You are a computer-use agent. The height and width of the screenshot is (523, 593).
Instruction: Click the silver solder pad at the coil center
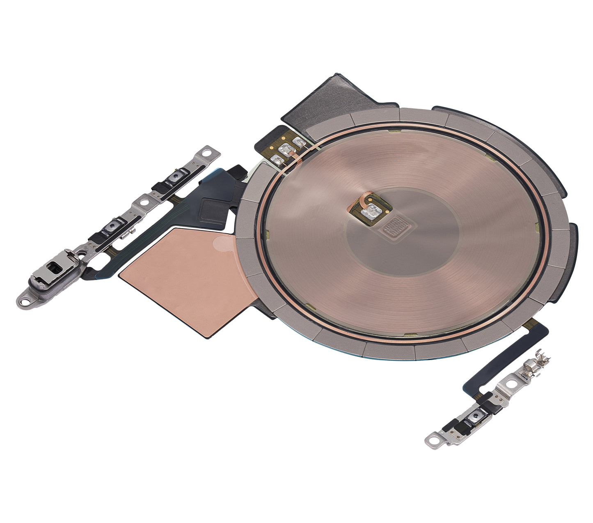click(373, 210)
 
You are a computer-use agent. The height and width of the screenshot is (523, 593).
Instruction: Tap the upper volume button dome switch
click(176, 177)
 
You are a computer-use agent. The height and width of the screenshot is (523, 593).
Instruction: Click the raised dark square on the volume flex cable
click(211, 207)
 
